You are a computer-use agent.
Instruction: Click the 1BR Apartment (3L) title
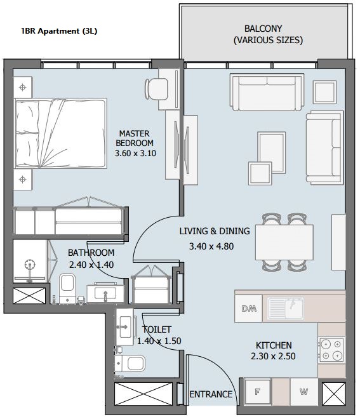point(59,31)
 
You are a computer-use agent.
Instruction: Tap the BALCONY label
point(263,29)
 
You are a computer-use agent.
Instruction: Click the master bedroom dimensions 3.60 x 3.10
point(135,154)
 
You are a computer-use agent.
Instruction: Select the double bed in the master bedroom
point(60,133)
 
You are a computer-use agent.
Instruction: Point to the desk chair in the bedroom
point(156,89)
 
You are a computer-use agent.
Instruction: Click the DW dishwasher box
point(248,309)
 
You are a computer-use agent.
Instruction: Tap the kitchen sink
point(286,308)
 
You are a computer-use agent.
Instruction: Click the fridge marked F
point(258,392)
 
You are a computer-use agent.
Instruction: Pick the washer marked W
point(304,392)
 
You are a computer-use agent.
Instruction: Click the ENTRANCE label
point(211,394)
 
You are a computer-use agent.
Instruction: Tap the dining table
point(284,242)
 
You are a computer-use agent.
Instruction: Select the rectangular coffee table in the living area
point(272,152)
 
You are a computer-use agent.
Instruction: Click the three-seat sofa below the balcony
point(267,93)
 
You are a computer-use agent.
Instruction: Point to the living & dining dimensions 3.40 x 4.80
point(211,246)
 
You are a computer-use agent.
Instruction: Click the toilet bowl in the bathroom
point(67,287)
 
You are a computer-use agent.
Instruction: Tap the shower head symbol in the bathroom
point(29,265)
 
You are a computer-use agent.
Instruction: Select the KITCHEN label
point(274,345)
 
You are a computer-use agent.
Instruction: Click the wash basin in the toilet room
point(124,327)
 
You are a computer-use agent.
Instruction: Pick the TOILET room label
point(157,329)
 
